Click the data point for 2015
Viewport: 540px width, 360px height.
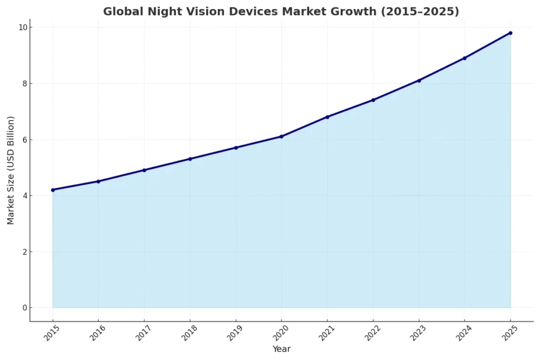(53, 190)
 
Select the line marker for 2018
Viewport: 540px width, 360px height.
(190, 159)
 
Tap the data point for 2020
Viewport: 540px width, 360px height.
(282, 137)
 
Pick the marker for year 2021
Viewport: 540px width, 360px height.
(327, 117)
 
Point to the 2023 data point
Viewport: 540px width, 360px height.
(419, 80)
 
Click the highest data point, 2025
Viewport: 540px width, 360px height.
(510, 33)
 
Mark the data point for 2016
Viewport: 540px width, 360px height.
(98, 181)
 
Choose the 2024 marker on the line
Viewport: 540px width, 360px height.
(465, 58)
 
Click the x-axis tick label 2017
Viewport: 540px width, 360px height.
(141, 333)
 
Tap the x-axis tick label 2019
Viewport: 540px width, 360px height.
(233, 333)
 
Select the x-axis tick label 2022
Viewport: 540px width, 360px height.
(370, 333)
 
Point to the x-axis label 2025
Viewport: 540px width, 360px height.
(508, 333)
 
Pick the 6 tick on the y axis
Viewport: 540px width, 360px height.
(24, 140)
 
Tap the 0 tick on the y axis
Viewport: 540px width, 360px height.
(24, 308)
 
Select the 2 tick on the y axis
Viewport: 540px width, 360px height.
(24, 252)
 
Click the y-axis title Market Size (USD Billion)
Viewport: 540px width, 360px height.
(11, 170)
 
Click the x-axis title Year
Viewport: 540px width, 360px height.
(282, 349)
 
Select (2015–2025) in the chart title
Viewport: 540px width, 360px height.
(419, 12)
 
